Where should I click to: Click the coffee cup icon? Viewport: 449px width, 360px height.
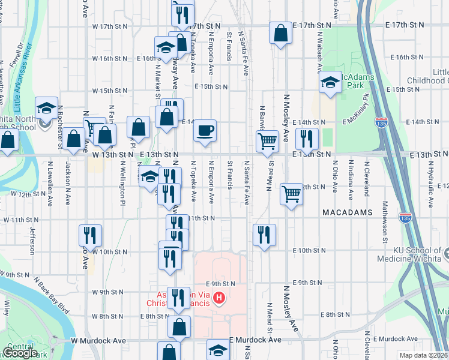[205, 131]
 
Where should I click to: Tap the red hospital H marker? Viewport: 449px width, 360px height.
[219, 298]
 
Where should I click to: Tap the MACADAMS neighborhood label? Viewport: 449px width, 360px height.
[348, 213]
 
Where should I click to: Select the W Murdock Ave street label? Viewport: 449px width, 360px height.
[98, 340]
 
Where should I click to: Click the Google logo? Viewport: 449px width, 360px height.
[20, 353]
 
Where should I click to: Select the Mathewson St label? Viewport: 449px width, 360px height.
[385, 231]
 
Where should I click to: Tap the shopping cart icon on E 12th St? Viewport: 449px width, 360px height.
[291, 194]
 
